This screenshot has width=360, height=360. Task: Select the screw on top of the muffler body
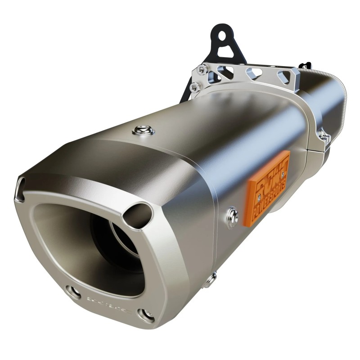[x=144, y=130]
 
